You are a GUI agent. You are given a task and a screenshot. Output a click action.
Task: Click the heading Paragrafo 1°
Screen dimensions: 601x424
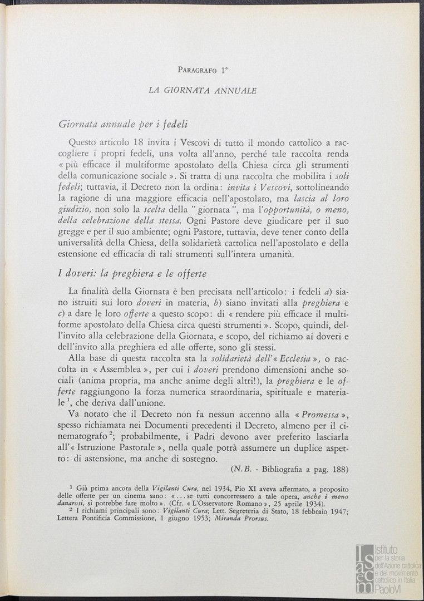coord(204,70)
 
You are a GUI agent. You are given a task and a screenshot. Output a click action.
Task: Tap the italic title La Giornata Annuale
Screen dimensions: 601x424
coord(203,91)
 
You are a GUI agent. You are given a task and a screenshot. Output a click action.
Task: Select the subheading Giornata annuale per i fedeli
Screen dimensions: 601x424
coord(123,124)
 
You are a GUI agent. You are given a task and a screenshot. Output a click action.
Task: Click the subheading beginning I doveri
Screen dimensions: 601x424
coord(132,274)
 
